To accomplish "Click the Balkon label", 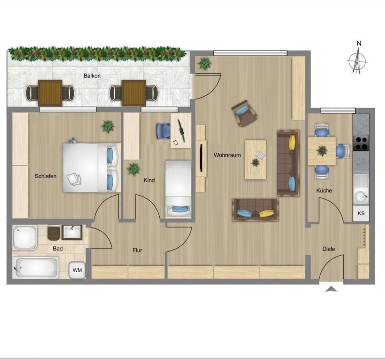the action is click(92, 76).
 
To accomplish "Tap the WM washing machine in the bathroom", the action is click(77, 270).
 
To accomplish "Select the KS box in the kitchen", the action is click(361, 214).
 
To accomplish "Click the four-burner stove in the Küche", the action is click(361, 143).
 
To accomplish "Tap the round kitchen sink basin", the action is click(361, 197).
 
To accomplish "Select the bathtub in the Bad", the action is click(36, 267).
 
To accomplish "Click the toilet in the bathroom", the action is click(53, 233).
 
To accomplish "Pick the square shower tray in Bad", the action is click(25, 238).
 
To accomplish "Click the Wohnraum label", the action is click(227, 155).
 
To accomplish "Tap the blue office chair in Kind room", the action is click(164, 131).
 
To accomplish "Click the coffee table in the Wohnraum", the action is click(255, 160).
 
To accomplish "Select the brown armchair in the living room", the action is click(244, 113).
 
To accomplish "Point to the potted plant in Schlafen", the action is click(107, 127).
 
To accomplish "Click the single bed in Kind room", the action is click(178, 189).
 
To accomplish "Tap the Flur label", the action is click(137, 250).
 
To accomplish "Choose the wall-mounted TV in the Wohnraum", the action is click(201, 158).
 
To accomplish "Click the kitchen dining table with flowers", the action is click(322, 151).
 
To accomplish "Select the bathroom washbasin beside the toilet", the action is click(72, 232).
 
